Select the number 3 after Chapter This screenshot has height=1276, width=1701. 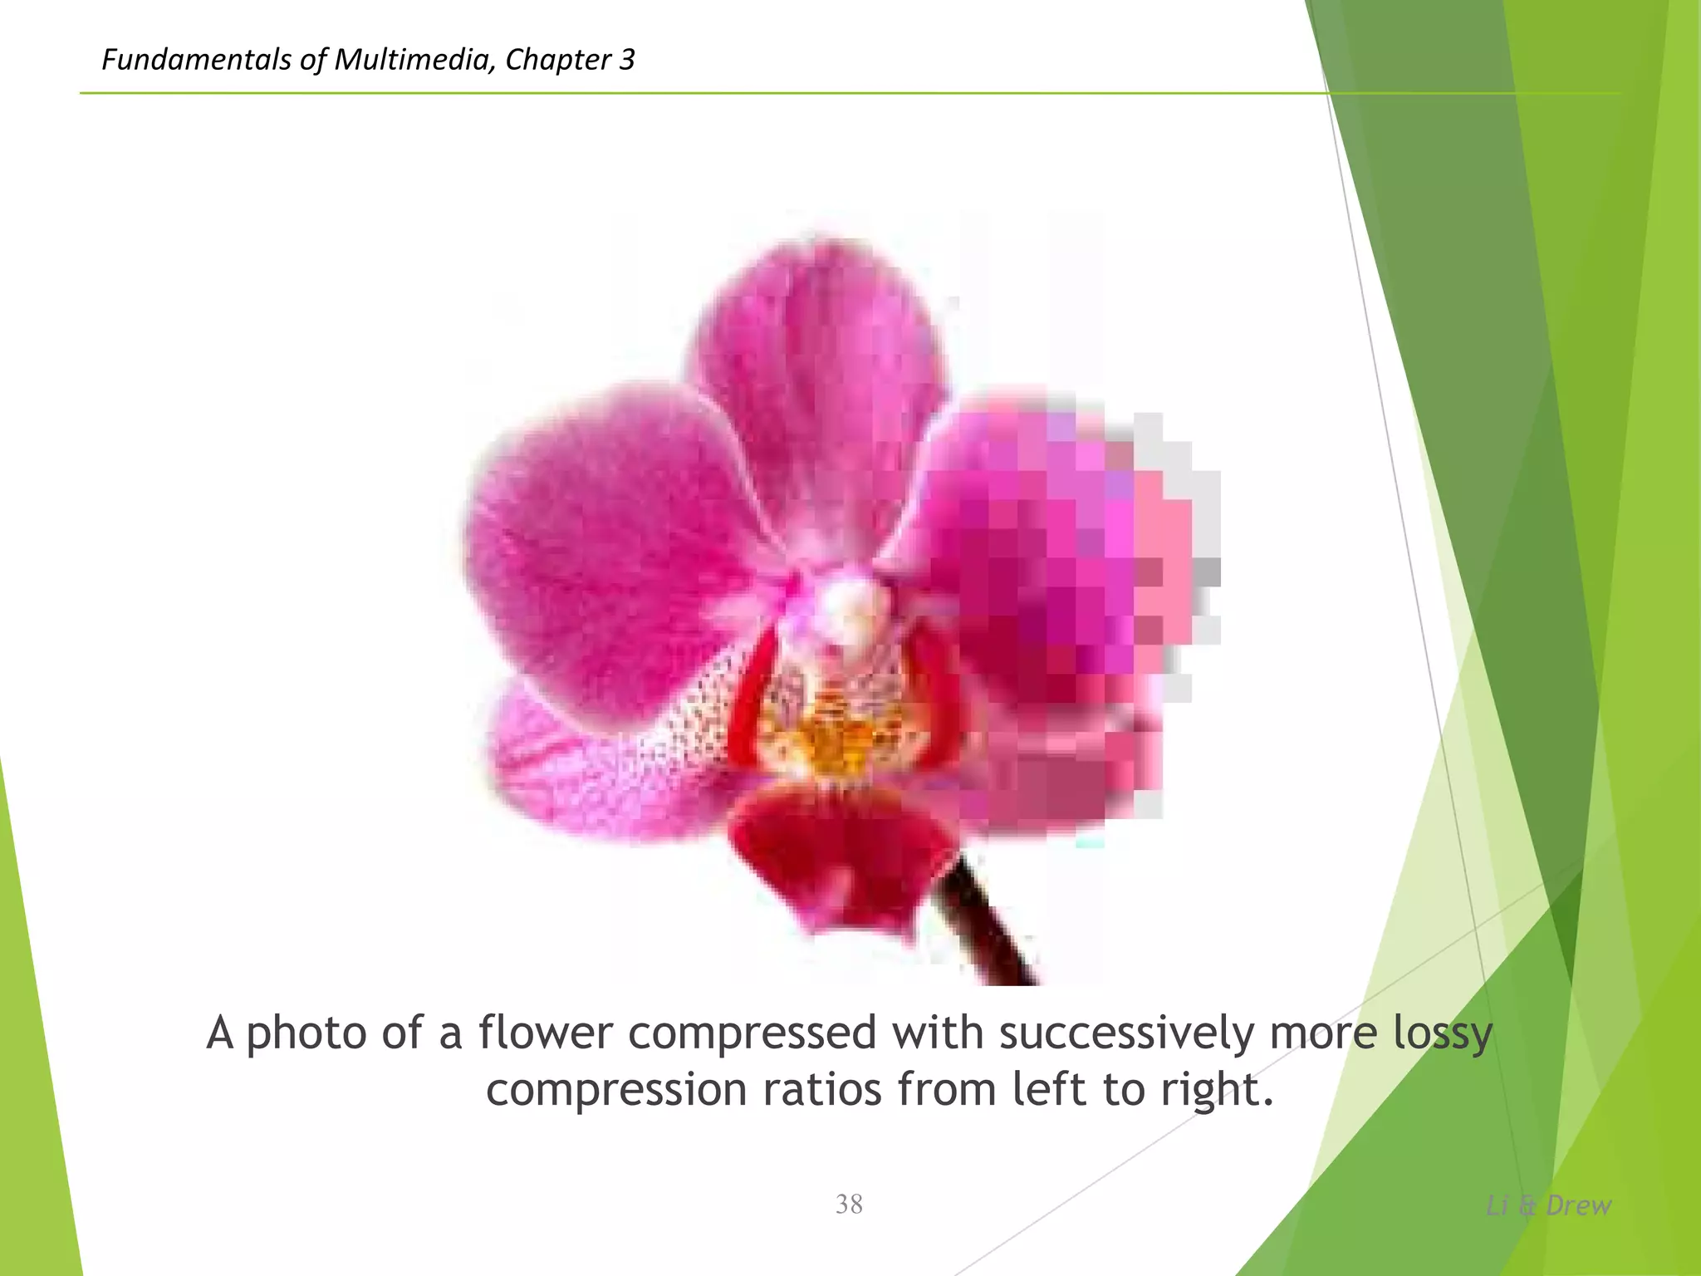pyautogui.click(x=626, y=60)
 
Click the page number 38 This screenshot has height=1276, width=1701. pyautogui.click(x=849, y=1204)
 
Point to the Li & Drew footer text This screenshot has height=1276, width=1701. pyautogui.click(x=1548, y=1205)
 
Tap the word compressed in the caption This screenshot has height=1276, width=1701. pyautogui.click(x=752, y=1034)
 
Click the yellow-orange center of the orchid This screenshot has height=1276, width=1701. pyautogui.click(x=831, y=739)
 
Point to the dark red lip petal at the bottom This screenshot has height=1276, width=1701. pyautogui.click(x=839, y=856)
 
